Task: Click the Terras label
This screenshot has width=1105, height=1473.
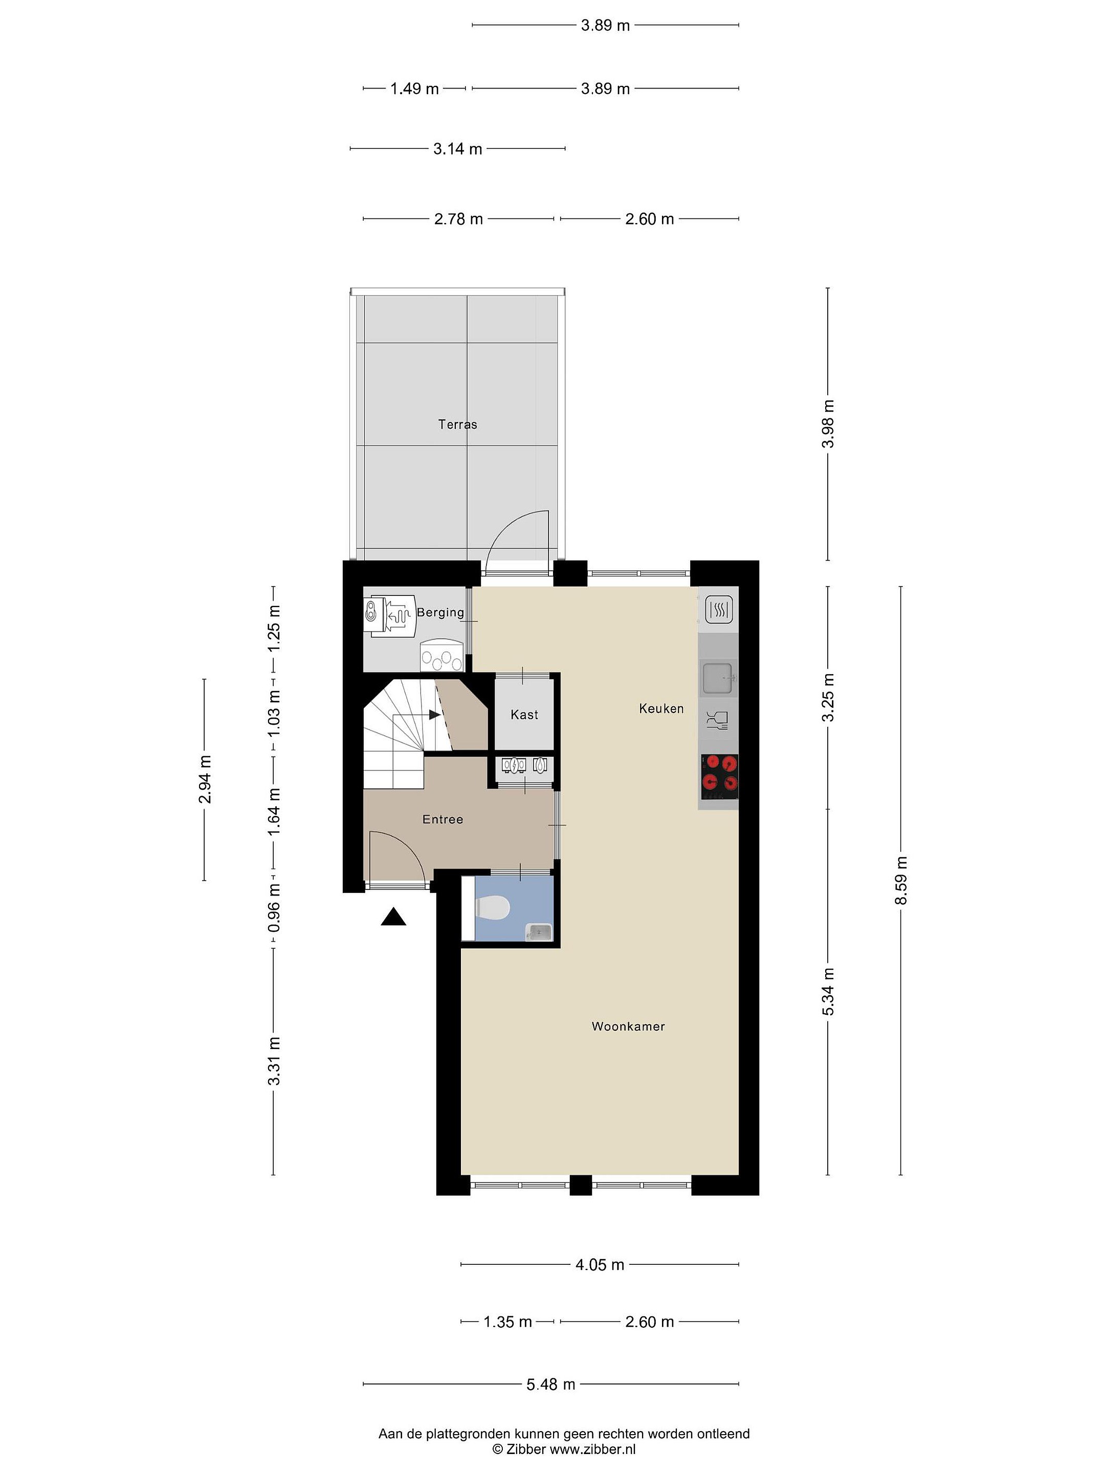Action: point(457,424)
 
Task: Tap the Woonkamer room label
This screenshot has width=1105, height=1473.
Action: point(628,1026)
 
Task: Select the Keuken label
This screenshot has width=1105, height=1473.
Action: point(661,708)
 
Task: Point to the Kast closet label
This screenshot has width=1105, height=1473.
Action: point(524,715)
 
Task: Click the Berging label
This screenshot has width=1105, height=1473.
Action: point(440,612)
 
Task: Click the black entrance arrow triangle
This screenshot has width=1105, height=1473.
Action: point(393,918)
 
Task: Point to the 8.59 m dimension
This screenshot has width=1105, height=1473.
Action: point(901,881)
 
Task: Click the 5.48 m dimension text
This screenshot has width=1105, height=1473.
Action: point(551,1385)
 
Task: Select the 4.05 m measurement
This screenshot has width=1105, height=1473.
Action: point(600,1264)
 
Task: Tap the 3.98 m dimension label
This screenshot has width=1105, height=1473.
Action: point(828,424)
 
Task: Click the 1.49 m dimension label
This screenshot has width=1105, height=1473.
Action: point(414,88)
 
